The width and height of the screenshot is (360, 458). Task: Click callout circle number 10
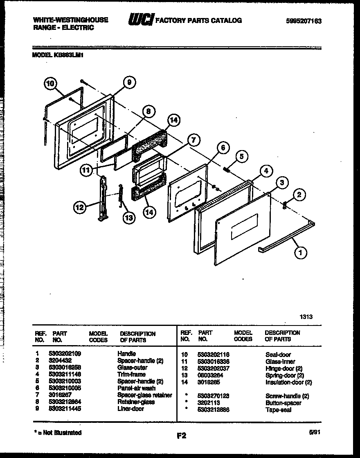(50, 84)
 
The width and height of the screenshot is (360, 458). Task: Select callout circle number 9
(129, 82)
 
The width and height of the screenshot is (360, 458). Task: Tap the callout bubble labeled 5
(241, 155)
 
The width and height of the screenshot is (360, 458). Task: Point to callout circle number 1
(301, 253)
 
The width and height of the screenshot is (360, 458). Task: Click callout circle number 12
(80, 208)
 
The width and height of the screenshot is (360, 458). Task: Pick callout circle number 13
(128, 218)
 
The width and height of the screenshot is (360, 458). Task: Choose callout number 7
(193, 140)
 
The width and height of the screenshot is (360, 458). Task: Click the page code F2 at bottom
(181, 436)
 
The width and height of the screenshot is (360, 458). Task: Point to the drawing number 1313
(306, 317)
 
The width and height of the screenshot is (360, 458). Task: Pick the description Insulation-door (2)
(288, 382)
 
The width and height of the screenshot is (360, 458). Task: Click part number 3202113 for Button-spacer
(209, 403)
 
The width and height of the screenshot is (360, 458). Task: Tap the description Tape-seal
(278, 410)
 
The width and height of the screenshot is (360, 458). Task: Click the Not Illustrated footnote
(57, 433)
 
